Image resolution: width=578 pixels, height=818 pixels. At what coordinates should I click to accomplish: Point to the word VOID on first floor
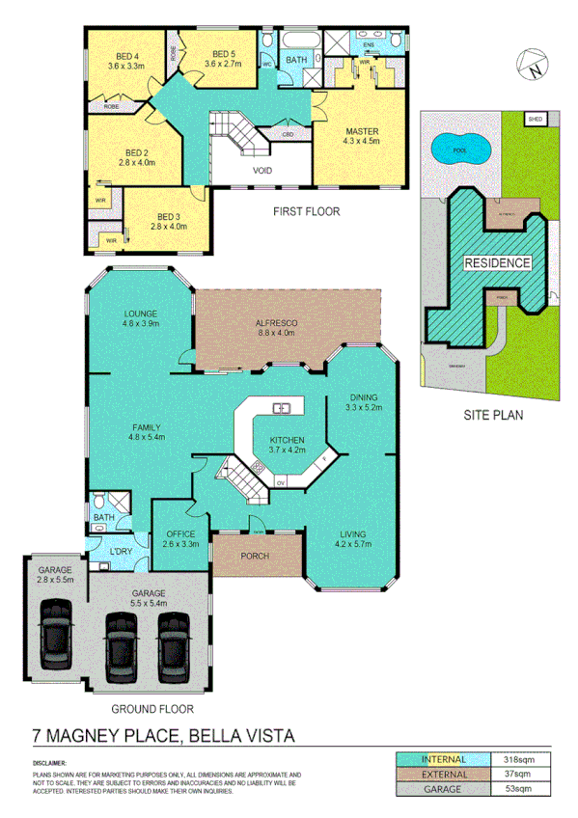tap(261, 172)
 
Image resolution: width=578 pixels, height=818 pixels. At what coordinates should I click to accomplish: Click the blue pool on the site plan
tap(459, 150)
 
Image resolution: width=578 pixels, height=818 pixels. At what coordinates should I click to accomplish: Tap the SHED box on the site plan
tap(536, 120)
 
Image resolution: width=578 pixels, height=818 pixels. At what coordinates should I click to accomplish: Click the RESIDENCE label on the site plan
tap(498, 262)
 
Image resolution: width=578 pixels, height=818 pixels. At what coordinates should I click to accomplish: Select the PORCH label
tap(255, 557)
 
